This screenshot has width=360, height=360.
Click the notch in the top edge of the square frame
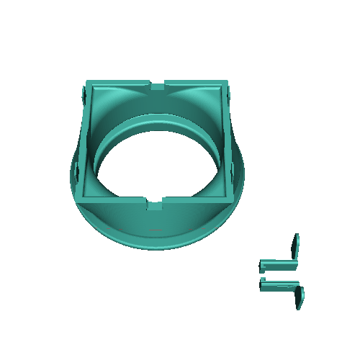158,86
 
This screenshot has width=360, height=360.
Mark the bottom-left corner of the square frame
77,197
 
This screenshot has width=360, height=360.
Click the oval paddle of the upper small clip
295,246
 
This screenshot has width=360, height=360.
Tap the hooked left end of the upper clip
262,266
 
